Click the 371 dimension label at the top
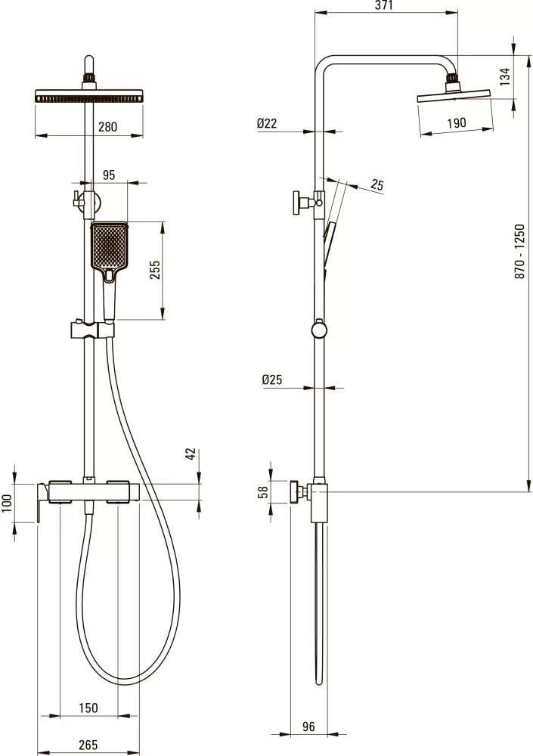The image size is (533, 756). (x=383, y=5)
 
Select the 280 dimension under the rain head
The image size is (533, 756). (x=107, y=127)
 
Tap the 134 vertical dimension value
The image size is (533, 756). (x=504, y=76)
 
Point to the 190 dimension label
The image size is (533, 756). (x=457, y=122)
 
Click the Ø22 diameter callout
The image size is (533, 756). (x=267, y=123)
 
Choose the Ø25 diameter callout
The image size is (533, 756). (x=272, y=380)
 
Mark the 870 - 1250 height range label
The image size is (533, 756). (x=519, y=251)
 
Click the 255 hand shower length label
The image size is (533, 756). (x=155, y=270)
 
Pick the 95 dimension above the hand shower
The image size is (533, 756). (x=110, y=175)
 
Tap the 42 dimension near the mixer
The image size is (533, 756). (x=191, y=454)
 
